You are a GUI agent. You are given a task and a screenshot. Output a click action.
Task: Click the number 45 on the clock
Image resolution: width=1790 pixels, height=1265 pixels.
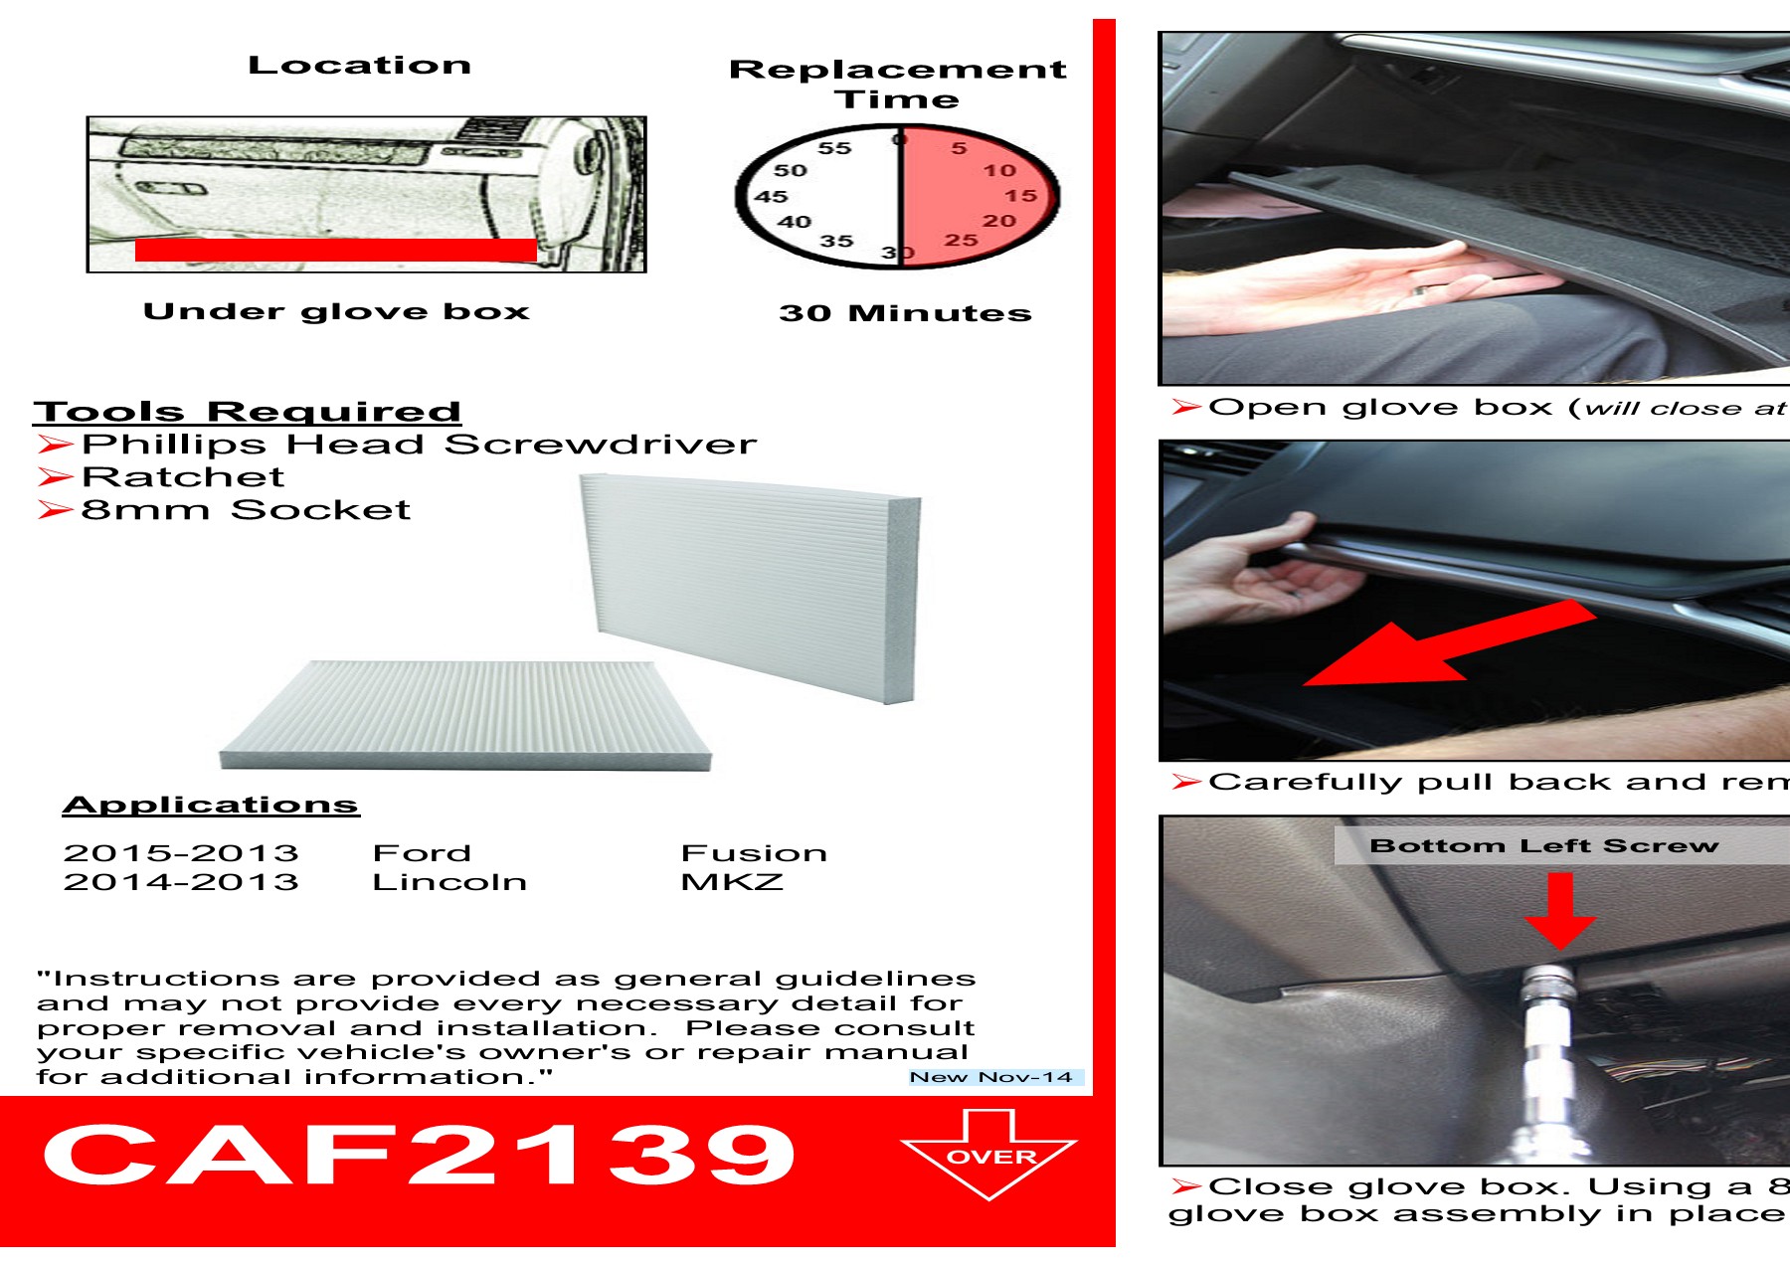[771, 197]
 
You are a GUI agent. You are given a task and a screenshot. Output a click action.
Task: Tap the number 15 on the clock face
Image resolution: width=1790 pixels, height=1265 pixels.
[1020, 196]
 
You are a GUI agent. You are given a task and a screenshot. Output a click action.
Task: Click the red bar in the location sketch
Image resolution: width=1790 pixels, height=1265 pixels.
[335, 250]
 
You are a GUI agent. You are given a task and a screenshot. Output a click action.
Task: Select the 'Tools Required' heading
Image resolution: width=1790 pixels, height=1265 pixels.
[247, 412]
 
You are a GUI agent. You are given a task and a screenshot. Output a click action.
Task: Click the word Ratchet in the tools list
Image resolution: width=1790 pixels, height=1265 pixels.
[183, 477]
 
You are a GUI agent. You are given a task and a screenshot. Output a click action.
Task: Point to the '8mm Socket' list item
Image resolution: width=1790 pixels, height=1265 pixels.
[245, 510]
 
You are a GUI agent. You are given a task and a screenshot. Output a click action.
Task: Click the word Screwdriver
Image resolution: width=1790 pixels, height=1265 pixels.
[600, 445]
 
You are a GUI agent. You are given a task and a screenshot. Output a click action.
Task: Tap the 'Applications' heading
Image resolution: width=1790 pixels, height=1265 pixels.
[210, 805]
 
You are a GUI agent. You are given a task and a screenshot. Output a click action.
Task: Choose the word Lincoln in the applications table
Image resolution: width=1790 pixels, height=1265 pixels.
[449, 882]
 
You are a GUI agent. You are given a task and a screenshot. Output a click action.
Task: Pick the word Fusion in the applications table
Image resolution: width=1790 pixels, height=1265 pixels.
[754, 853]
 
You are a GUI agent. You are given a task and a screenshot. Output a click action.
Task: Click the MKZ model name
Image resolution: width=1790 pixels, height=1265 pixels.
[732, 882]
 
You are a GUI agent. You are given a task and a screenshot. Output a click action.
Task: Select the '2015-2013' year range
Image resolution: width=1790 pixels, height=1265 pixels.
[181, 853]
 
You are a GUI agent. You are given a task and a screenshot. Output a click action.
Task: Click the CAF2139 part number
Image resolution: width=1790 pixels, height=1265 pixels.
[418, 1155]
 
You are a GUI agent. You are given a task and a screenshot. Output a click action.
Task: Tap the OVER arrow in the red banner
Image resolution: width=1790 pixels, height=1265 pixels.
[989, 1156]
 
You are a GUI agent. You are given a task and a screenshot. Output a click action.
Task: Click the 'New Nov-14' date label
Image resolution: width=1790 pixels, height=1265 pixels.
[991, 1077]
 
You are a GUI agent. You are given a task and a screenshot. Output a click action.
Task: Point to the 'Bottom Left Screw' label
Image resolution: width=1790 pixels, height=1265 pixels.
[1543, 846]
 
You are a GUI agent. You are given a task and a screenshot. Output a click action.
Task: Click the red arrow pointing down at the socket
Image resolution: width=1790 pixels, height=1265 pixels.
[1560, 910]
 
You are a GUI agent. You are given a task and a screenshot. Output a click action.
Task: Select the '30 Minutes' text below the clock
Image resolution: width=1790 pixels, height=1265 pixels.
[905, 313]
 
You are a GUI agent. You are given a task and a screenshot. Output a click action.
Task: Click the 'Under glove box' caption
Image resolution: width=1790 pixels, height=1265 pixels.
[336, 311]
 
